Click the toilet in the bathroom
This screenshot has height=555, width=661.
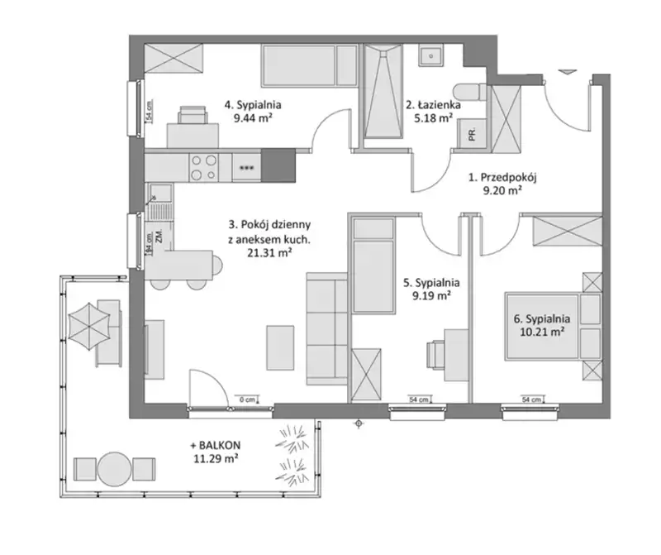pyautogui.click(x=470, y=93)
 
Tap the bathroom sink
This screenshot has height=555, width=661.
pyautogui.click(x=430, y=55)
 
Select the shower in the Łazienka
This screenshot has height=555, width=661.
pyautogui.click(x=383, y=91)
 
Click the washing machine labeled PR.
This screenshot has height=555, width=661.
pyautogui.click(x=473, y=133)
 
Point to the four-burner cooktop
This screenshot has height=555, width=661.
pyautogui.click(x=204, y=167)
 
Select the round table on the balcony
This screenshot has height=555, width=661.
pyautogui.click(x=115, y=468)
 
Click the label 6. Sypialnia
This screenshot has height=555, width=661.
pyautogui.click(x=542, y=319)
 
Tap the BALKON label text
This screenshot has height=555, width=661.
pyautogui.click(x=216, y=445)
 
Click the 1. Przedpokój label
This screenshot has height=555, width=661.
pyautogui.click(x=502, y=178)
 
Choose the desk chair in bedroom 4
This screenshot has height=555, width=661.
pyautogui.click(x=193, y=115)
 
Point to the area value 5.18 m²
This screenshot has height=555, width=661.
pyautogui.click(x=433, y=118)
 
